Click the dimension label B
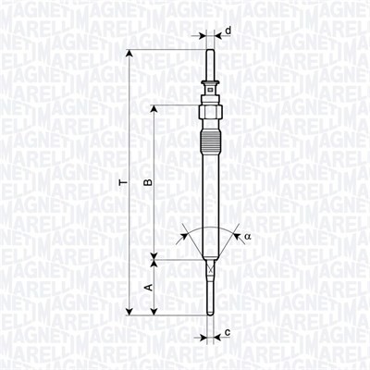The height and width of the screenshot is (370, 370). coord(146,183)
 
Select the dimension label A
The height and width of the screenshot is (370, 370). coord(146,288)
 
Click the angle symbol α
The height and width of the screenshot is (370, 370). coord(247,237)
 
